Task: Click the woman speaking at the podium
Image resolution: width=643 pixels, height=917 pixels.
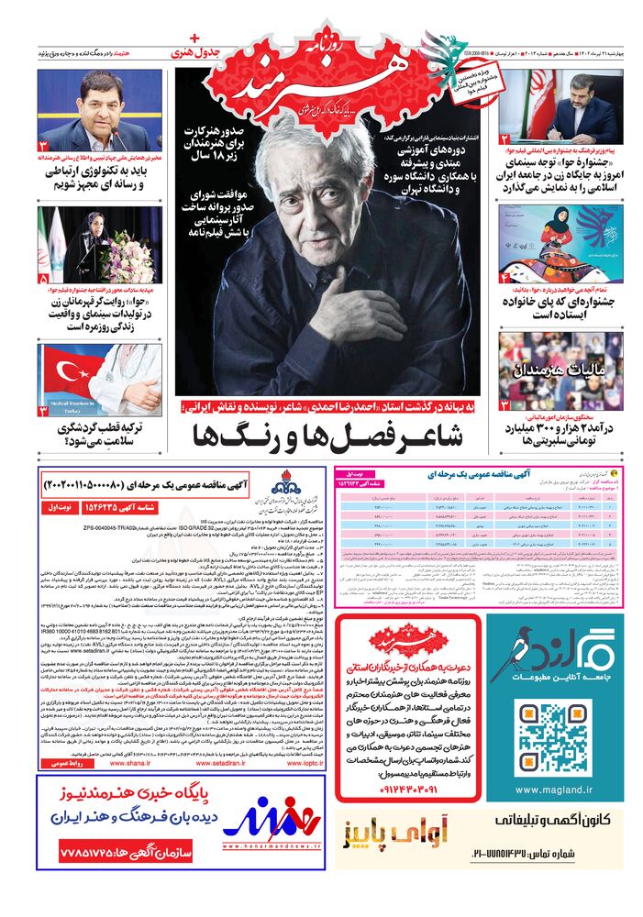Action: (x=96, y=235)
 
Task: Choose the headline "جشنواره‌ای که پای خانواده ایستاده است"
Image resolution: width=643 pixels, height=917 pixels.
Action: (x=549, y=307)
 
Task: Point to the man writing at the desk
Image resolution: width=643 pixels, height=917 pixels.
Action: (x=576, y=107)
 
